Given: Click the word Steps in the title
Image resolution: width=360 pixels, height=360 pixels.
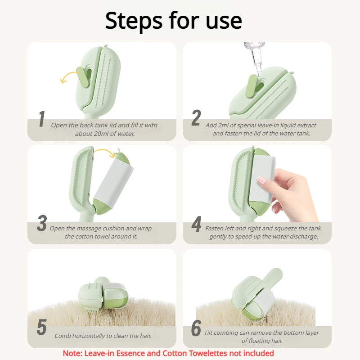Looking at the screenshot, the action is (x=134, y=21).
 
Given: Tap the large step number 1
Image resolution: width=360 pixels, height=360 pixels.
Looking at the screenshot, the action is (x=42, y=119).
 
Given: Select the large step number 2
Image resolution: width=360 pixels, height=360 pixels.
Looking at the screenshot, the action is (x=196, y=118).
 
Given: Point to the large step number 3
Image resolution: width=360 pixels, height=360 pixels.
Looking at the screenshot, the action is (x=42, y=223).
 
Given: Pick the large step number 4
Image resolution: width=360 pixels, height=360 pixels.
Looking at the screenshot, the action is (x=197, y=224).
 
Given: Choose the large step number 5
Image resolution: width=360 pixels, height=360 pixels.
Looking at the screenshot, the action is (x=42, y=327).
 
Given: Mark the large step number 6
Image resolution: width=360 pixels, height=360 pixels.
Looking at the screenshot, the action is (x=196, y=328).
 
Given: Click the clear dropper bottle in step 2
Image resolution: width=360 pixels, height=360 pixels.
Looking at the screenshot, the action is (x=255, y=58).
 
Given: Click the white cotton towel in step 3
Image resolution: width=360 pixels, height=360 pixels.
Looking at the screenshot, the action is (x=114, y=183).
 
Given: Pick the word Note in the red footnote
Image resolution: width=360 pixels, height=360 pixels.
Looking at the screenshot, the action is (x=72, y=353).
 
